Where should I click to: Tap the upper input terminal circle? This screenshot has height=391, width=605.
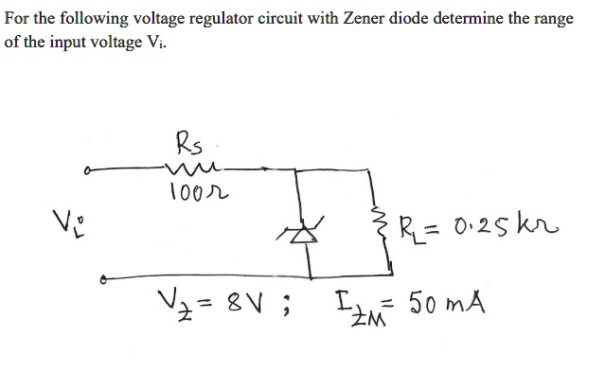pos(87,172)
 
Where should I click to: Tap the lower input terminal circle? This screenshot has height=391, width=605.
pos(102,280)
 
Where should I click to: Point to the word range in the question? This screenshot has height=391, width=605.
pos(553,20)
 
